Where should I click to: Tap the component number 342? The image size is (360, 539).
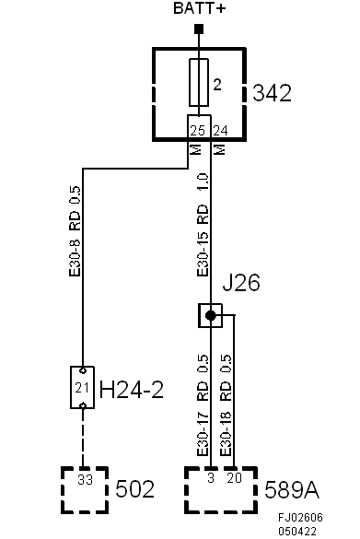272,93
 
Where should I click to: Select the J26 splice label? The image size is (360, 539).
241,283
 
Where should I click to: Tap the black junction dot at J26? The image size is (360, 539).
211,316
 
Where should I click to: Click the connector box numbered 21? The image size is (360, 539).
82,387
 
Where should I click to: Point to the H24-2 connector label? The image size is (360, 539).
131,389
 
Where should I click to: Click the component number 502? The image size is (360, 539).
134,487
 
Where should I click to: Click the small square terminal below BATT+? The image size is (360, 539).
198,28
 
